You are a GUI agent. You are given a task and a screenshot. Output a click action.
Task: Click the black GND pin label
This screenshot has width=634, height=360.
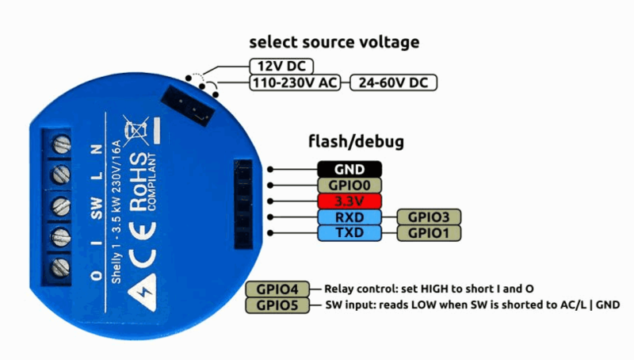(x=349, y=169)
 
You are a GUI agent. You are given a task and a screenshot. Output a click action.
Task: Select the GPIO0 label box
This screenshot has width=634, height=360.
(x=349, y=185)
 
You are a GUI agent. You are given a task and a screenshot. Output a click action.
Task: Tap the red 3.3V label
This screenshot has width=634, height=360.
(x=349, y=201)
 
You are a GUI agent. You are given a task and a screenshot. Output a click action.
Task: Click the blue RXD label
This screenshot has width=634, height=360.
(x=349, y=216)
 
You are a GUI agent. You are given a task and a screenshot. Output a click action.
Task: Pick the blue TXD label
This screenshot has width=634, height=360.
(x=349, y=233)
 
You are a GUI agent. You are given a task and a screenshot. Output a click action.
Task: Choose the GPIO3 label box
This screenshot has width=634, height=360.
(x=429, y=216)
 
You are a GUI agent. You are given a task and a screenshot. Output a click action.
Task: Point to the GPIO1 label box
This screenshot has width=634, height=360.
(x=429, y=233)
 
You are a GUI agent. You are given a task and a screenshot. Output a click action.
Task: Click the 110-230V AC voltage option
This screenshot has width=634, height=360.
(x=295, y=82)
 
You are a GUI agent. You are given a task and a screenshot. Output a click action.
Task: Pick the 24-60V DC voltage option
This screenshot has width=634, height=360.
(x=394, y=82)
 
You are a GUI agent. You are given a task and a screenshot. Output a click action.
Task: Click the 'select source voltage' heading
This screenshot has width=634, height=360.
(x=334, y=41)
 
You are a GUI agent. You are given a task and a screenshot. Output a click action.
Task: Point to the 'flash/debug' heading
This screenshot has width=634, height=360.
(x=356, y=142)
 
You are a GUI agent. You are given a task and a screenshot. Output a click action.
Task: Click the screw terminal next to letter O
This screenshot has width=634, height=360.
(x=58, y=267)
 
